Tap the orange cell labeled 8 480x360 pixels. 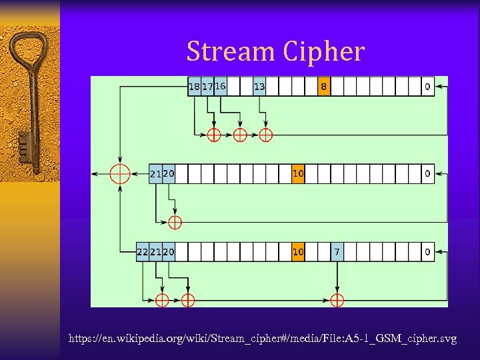tap(323, 87)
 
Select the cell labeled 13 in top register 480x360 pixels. tap(259, 87)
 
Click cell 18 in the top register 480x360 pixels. tap(195, 87)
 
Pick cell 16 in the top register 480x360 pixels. tap(220, 87)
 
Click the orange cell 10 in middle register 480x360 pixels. tap(298, 174)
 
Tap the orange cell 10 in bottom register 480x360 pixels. tap(298, 252)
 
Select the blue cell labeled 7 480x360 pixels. tap(337, 252)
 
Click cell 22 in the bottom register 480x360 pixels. tap(142, 252)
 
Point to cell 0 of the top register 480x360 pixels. tap(427, 87)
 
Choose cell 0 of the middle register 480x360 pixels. tap(427, 174)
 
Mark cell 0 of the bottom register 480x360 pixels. tap(427, 252)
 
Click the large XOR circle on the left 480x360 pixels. tap(120, 173)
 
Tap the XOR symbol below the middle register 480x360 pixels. tap(175, 222)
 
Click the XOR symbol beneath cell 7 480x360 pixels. tap(337, 299)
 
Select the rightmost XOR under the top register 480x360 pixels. tap(265, 135)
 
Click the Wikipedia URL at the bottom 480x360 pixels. tap(263, 339)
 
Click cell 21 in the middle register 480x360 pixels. tap(155, 174)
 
